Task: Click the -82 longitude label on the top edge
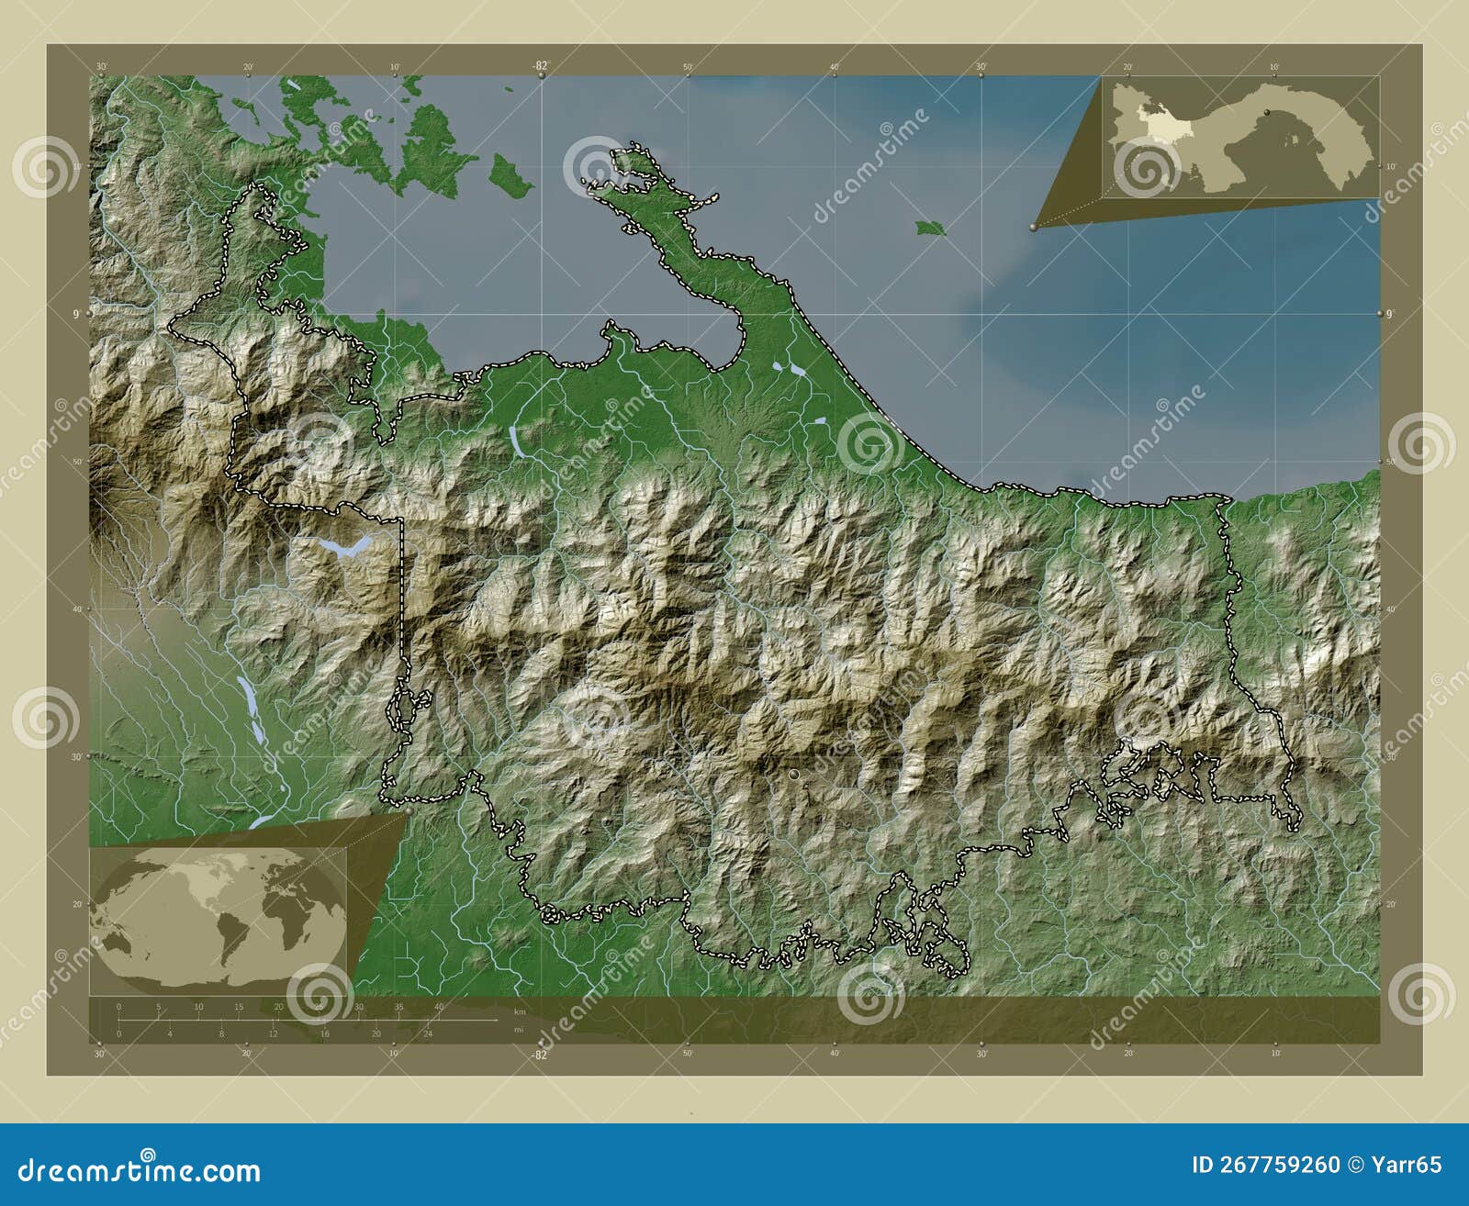pos(540,66)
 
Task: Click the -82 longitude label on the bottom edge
pos(540,1055)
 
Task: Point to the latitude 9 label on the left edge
pos(75,314)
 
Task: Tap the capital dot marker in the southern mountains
pos(794,776)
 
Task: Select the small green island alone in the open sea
pos(930,228)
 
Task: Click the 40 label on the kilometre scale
pos(438,1007)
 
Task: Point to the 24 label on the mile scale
pos(427,1033)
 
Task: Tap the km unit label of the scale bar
pos(520,1011)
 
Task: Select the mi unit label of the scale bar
pos(519,1030)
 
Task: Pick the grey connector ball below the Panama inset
pos(1034,227)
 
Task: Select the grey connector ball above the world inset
pos(407,811)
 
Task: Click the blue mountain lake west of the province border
pos(343,548)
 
